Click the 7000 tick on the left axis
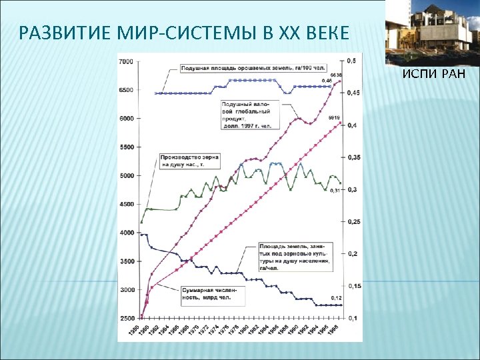pyautogui.click(x=126, y=61)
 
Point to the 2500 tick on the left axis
pyautogui.click(x=126, y=318)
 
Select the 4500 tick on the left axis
pyautogui.click(x=126, y=204)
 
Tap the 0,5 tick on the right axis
pyautogui.click(x=350, y=61)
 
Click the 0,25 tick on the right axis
pyautogui.click(x=351, y=221)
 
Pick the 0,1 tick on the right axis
pyautogui.click(x=350, y=318)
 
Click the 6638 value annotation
pyautogui.click(x=335, y=74)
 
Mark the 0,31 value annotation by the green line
pyautogui.click(x=335, y=191)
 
